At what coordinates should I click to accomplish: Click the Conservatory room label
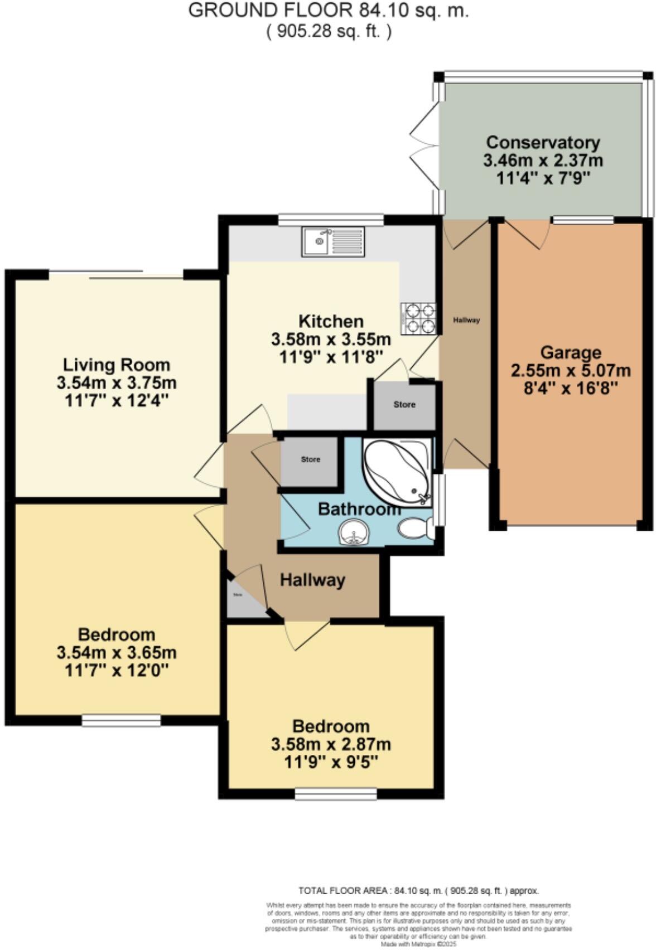point(543,143)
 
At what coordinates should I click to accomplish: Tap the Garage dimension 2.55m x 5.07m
point(571,370)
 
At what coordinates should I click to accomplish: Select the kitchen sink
point(333,241)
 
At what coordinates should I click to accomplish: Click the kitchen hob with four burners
point(418,318)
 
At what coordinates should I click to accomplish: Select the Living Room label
point(116,365)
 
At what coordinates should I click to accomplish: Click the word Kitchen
point(331,321)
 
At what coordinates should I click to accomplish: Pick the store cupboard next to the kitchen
point(404,405)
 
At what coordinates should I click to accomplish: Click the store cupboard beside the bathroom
point(310,460)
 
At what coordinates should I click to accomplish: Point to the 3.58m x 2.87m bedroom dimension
point(331,744)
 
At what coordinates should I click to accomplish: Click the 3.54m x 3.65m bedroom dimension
point(117,652)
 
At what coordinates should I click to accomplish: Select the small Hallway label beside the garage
point(466,320)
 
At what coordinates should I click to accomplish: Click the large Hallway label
point(312,580)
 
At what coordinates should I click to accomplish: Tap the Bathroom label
point(359,509)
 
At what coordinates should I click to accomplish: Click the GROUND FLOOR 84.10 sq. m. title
point(328,11)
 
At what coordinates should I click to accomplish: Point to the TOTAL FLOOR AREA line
point(419,891)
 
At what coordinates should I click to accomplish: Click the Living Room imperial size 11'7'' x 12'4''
point(117,400)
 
